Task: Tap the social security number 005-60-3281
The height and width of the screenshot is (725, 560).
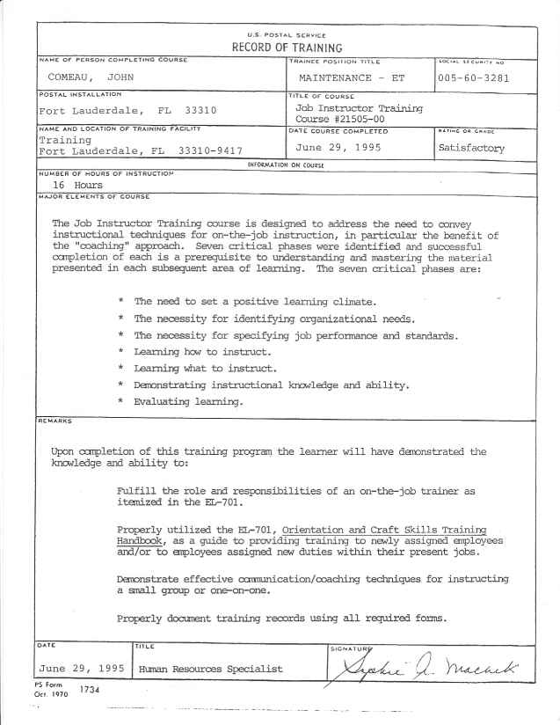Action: pyautogui.click(x=474, y=78)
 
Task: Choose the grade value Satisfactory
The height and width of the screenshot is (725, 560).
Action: pyautogui.click(x=471, y=148)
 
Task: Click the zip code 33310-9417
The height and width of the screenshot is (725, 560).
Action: pyautogui.click(x=210, y=150)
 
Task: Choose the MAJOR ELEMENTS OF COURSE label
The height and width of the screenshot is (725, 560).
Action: pyautogui.click(x=83, y=197)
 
